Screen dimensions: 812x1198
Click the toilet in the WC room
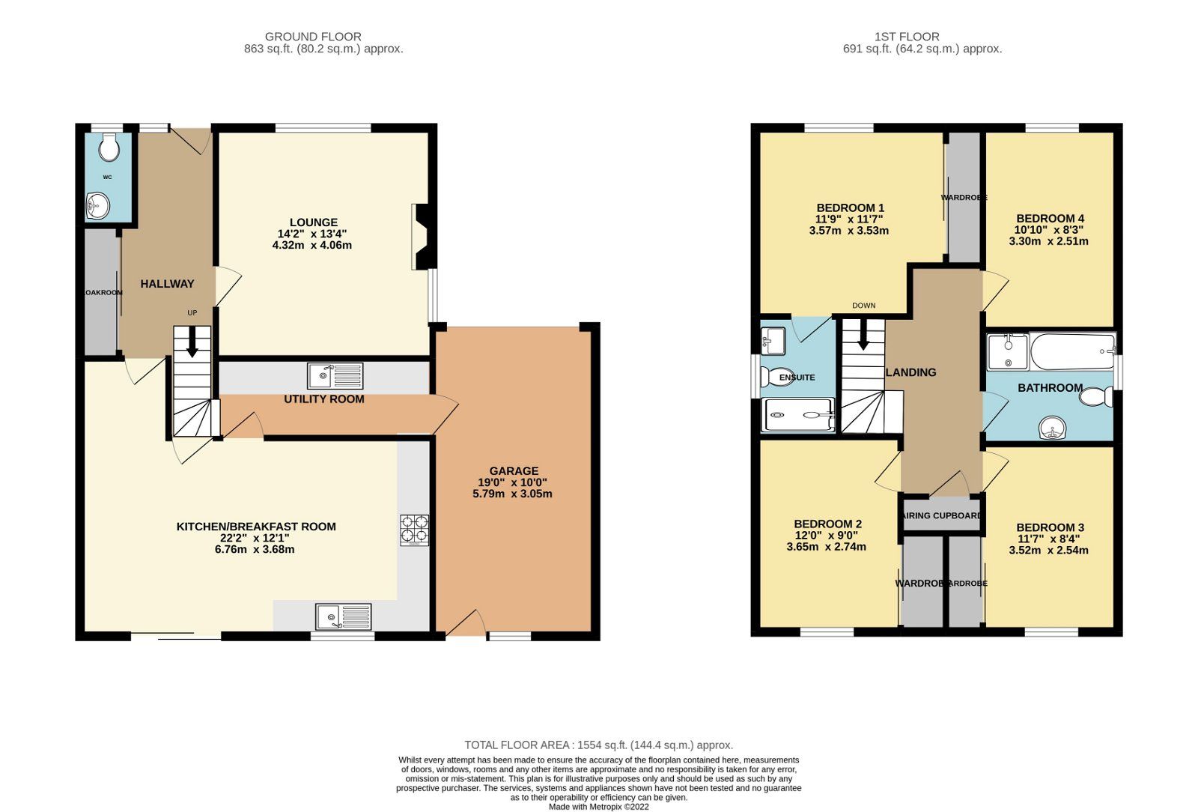click(x=109, y=147)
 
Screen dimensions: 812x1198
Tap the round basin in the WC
click(x=98, y=204)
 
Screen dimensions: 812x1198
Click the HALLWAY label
click(x=167, y=284)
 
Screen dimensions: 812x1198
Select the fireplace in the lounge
click(x=422, y=237)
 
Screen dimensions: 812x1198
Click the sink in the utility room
click(x=335, y=375)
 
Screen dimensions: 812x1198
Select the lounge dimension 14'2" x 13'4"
click(x=312, y=234)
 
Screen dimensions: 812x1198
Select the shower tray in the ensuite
click(x=797, y=415)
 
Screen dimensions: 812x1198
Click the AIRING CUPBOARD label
click(x=942, y=515)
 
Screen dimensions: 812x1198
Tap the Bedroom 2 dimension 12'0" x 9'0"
click(x=827, y=536)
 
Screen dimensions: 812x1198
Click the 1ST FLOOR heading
click(x=906, y=36)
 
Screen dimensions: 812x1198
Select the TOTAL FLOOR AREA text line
click(x=598, y=745)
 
